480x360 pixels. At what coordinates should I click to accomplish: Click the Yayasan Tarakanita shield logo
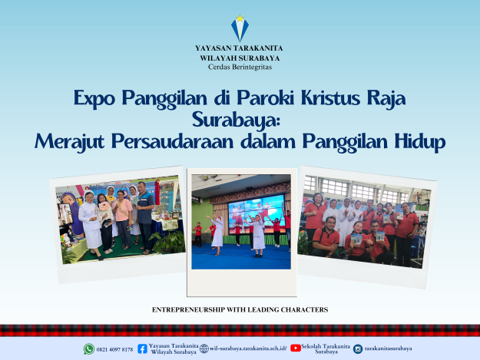(240, 28)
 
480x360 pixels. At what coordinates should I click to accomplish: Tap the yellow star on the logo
(240, 18)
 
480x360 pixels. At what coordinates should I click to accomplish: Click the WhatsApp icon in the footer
(89, 349)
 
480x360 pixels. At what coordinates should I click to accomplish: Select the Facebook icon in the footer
(142, 348)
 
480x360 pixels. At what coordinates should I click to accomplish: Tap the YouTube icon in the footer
(296, 348)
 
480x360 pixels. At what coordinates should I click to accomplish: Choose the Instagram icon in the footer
(358, 348)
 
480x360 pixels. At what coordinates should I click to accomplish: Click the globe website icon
(204, 348)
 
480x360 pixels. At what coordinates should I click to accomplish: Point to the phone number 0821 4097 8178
(114, 349)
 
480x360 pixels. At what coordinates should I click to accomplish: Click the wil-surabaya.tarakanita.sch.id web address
(248, 348)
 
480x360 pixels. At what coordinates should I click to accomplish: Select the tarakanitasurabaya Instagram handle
(388, 348)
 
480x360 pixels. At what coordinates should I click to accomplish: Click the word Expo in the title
(94, 98)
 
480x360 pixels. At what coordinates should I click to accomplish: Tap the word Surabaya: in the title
(237, 120)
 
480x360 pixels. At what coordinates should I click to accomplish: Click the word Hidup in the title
(419, 142)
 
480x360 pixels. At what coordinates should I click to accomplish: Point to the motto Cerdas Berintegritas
(240, 67)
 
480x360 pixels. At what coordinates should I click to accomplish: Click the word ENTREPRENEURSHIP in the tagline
(189, 310)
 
